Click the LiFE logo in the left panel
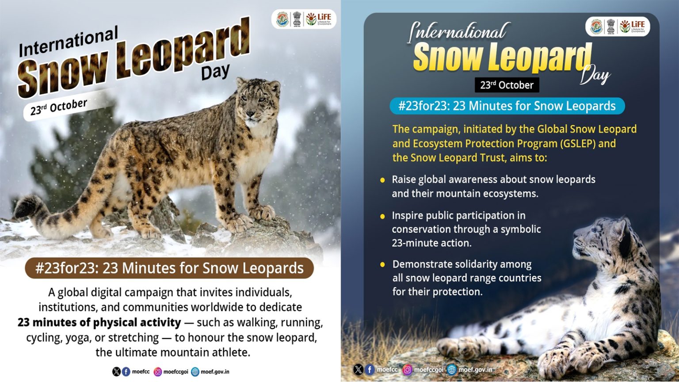(319, 19)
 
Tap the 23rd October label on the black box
(507, 85)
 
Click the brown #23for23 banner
(169, 268)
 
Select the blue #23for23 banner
(507, 106)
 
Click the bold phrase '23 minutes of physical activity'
(99, 322)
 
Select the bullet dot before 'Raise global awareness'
(383, 180)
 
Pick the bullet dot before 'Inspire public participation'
(383, 216)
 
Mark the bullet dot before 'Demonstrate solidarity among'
(383, 265)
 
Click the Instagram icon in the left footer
(157, 372)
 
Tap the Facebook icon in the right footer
(370, 370)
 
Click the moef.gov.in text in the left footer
(215, 372)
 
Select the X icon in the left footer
(116, 372)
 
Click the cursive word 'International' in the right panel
(458, 32)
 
